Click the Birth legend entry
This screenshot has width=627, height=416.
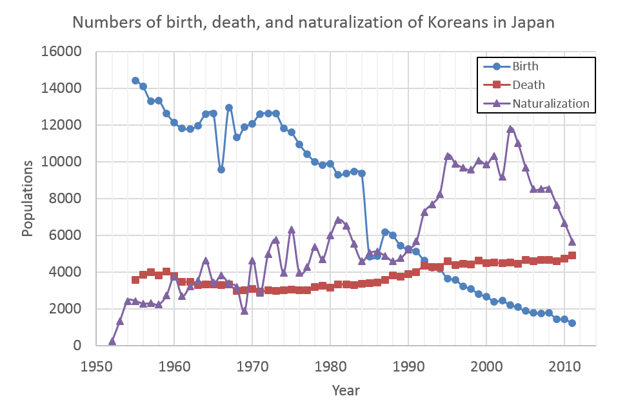(x=524, y=66)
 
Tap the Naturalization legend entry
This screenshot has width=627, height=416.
(x=550, y=103)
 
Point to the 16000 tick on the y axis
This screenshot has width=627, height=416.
(x=65, y=52)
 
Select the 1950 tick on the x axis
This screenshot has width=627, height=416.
(x=96, y=366)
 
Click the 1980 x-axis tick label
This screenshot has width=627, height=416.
(x=331, y=366)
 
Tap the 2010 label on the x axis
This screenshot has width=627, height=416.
(x=565, y=366)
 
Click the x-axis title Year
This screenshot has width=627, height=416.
(x=346, y=390)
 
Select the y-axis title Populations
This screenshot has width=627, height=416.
(x=28, y=199)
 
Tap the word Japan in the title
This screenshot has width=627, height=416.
(x=535, y=23)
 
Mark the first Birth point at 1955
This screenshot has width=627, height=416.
(x=135, y=81)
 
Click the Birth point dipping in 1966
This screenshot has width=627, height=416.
(x=221, y=170)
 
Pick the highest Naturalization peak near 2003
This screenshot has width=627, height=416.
(x=510, y=129)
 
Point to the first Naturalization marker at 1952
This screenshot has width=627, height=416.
(x=112, y=341)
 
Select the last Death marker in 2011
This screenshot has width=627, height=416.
(x=572, y=255)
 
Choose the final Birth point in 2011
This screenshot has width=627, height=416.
(x=572, y=323)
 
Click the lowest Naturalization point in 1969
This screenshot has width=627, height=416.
(x=244, y=311)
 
